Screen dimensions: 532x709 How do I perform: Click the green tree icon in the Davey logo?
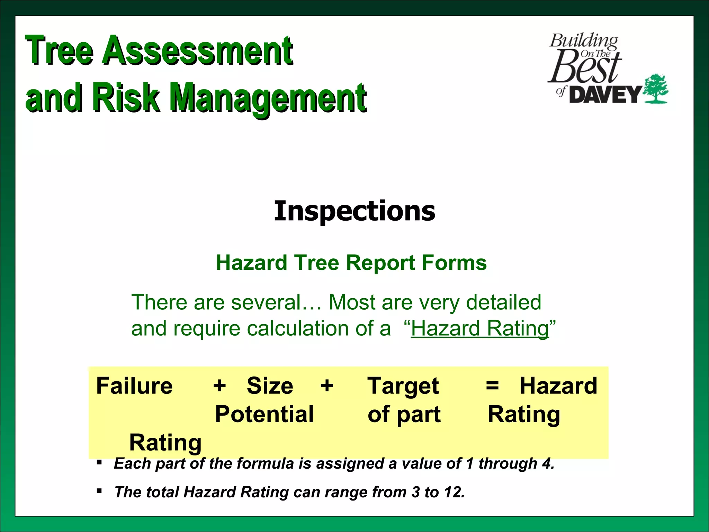pyautogui.click(x=655, y=89)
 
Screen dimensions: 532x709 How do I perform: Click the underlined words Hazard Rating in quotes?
pyautogui.click(x=480, y=328)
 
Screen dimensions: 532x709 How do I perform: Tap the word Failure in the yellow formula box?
pyautogui.click(x=134, y=386)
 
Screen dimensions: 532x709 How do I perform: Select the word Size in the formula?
pyautogui.click(x=270, y=386)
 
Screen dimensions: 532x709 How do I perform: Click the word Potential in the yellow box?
pyautogui.click(x=264, y=414)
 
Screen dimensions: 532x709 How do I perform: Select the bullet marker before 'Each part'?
pyautogui.click(x=99, y=462)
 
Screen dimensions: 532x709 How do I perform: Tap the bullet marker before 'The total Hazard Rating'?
pyautogui.click(x=99, y=490)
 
